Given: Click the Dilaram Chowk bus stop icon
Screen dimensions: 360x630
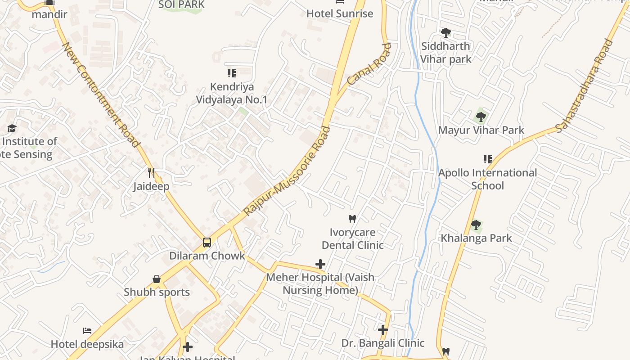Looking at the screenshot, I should pos(207,243).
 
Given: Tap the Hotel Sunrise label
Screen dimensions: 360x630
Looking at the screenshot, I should pos(340,13).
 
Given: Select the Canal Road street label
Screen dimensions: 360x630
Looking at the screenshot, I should pos(369,64).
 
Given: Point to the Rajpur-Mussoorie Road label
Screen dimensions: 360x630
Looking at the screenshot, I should pos(287,171).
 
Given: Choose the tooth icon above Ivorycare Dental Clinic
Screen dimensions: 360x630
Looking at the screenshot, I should pos(352,219).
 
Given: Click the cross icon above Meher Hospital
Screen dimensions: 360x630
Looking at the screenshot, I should pos(320,264).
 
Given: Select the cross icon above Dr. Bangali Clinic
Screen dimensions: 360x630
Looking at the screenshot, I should pos(383,330).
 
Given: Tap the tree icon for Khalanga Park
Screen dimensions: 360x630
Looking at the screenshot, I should pos(476,225).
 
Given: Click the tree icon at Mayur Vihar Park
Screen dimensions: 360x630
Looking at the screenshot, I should pos(481,117).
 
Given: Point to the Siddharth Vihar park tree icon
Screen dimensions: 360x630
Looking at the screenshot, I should pos(445,32).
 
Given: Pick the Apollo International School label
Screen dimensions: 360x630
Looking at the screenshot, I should pos(487,179).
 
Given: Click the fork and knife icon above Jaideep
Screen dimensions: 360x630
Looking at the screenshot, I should pos(151,173).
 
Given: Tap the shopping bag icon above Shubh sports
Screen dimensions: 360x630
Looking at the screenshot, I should pos(157,279).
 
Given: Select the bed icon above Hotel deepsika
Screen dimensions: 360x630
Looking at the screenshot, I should pos(87,331).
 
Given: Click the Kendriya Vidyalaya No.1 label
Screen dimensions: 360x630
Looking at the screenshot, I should pos(232,93).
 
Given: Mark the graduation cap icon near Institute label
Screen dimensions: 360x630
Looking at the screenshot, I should pos(12,129).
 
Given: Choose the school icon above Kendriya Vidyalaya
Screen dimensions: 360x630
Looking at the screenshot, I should pos(232,73).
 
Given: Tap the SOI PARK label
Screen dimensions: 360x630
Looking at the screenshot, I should pos(181,4).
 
